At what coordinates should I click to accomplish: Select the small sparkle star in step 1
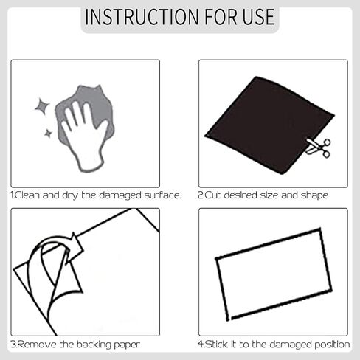(x=48, y=134)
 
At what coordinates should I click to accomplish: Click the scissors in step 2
(x=318, y=148)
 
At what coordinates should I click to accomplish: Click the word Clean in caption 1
(x=30, y=195)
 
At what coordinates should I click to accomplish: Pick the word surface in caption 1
(x=163, y=195)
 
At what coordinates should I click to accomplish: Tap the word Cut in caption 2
(x=213, y=195)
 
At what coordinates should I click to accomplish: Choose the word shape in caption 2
(x=314, y=195)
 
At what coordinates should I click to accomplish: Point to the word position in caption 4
(x=331, y=345)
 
